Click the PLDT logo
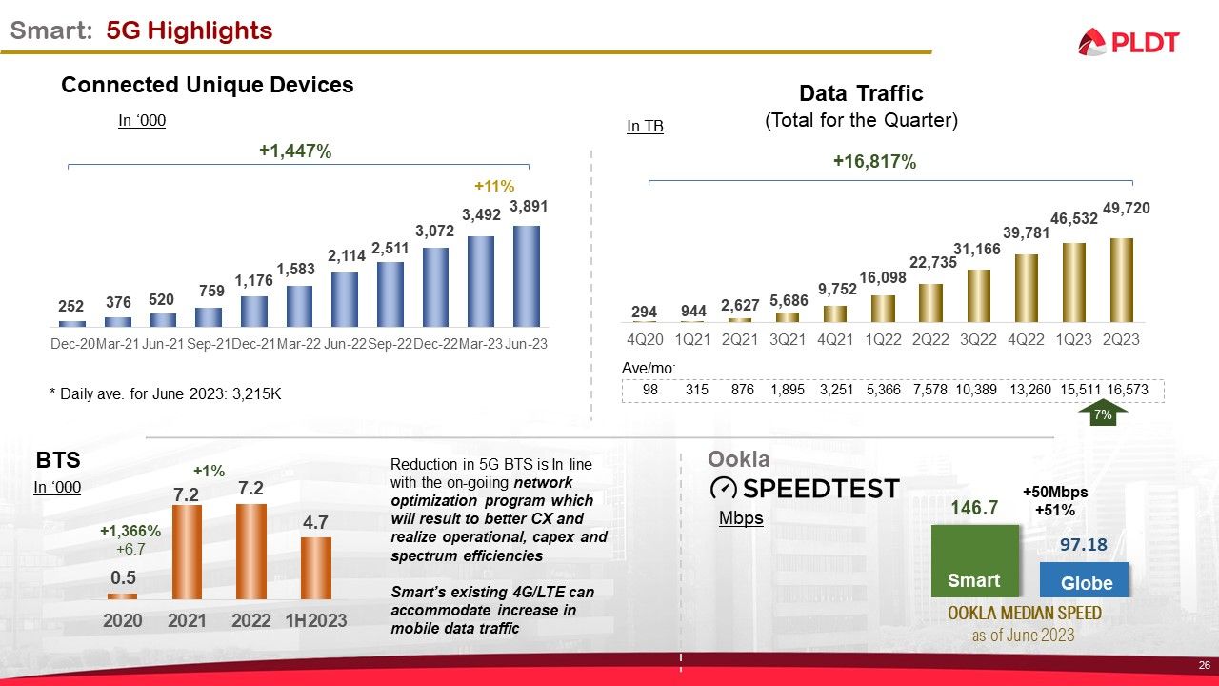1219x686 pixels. point(1129,42)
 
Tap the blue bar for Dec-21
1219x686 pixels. point(254,311)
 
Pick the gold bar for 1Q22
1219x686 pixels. point(883,309)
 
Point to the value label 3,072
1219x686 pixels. point(435,232)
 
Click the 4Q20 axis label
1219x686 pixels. point(645,338)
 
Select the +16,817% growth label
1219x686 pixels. point(874,162)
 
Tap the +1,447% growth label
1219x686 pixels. point(295,151)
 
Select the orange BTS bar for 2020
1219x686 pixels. point(122,595)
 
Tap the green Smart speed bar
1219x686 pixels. point(974,561)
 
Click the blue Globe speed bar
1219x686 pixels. point(1084,579)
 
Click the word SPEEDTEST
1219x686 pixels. point(820,489)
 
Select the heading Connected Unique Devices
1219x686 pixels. point(208,85)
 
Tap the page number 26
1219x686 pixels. point(1204,664)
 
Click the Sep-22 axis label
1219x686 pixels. point(390,343)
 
